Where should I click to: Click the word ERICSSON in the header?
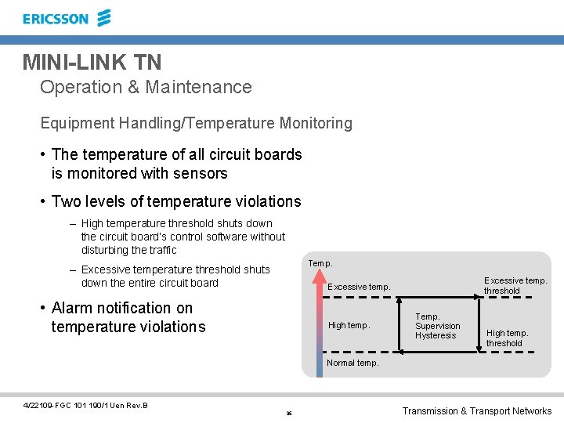click(56, 19)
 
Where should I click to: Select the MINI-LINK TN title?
click(92, 62)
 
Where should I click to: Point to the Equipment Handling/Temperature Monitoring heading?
click(196, 123)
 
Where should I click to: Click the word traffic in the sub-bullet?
click(161, 250)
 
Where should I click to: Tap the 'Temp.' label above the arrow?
click(320, 263)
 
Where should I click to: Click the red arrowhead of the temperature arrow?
click(319, 276)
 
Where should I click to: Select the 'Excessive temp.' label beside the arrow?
click(358, 287)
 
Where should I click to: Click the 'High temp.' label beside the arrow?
click(349, 325)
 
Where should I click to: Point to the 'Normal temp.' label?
click(352, 363)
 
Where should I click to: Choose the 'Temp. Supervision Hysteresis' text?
click(437, 326)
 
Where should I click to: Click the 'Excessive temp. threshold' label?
click(515, 285)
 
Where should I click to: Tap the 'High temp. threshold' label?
click(507, 338)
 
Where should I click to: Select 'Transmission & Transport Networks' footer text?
click(476, 410)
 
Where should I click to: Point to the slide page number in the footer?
click(289, 413)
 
